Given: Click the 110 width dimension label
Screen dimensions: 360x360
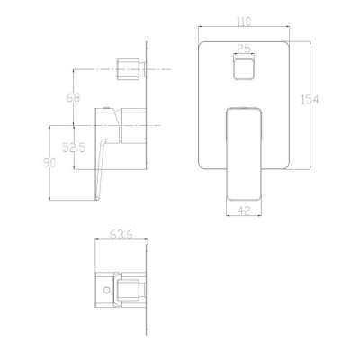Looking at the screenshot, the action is (244, 22).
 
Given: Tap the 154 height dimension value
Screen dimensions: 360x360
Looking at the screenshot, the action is (310, 99).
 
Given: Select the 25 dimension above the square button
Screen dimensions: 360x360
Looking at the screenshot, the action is (244, 49).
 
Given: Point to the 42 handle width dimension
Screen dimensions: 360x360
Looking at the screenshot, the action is (244, 211).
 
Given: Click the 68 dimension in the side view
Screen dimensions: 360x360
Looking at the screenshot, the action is (73, 97).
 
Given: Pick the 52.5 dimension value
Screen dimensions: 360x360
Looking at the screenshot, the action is (74, 148).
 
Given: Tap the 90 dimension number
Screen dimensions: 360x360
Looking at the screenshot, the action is (49, 163).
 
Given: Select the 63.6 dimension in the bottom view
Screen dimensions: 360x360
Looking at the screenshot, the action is (121, 234).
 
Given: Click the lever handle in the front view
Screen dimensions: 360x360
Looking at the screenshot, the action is (244, 153).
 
